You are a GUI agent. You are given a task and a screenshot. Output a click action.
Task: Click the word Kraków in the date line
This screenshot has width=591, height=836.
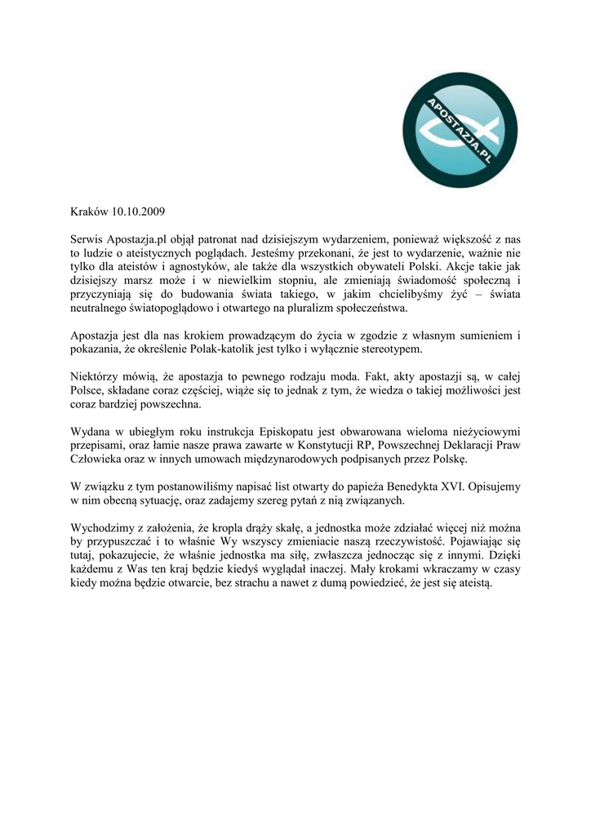[x=90, y=211]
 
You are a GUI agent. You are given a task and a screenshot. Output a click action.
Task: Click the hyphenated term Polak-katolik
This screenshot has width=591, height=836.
[x=262, y=349]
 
